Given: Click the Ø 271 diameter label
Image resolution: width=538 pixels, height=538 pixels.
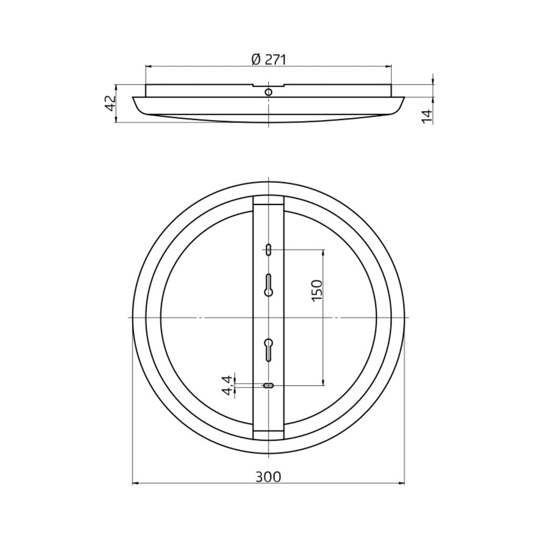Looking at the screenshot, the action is pyautogui.click(x=268, y=60).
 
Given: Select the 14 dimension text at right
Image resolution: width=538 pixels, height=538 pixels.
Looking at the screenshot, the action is pyautogui.click(x=427, y=116).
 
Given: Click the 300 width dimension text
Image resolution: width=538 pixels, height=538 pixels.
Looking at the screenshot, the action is pyautogui.click(x=268, y=477).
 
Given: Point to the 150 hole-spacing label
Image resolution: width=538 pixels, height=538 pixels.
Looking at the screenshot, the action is pyautogui.click(x=317, y=291).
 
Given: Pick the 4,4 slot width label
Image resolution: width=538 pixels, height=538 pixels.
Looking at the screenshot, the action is pyautogui.click(x=227, y=385).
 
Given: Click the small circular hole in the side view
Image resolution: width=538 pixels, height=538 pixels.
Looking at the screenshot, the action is pyautogui.click(x=268, y=92).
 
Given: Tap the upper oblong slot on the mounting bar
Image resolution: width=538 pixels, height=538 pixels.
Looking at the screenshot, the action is pyautogui.click(x=268, y=250).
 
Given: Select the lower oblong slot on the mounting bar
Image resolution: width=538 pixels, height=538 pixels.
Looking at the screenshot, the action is pyautogui.click(x=268, y=386).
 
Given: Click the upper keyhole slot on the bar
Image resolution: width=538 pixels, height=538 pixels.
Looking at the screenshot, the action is pyautogui.click(x=268, y=285).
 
